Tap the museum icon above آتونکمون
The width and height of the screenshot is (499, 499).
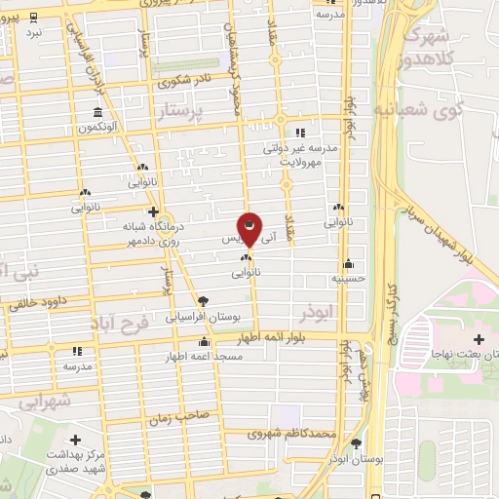coord(97,111)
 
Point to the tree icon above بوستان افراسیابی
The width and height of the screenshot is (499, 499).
coord(202,301)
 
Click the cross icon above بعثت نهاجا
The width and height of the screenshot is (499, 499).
coord(421,341)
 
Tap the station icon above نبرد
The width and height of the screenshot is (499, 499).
coord(34,18)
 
